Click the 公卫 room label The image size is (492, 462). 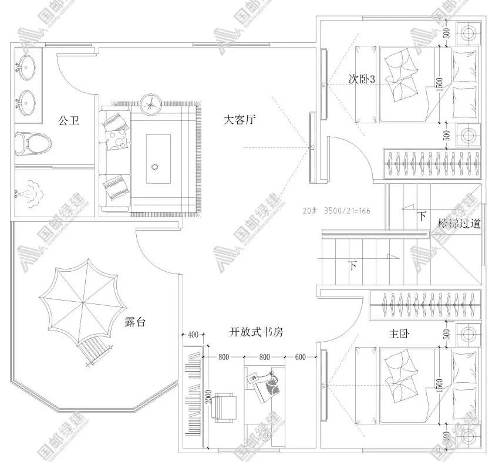point(68,121)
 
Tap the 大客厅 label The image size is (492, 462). point(240,120)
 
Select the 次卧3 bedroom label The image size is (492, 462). point(362,79)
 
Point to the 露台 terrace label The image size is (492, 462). point(135,321)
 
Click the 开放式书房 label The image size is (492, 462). point(256,332)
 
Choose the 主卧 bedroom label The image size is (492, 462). point(400,333)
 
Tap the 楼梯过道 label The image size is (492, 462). point(460,223)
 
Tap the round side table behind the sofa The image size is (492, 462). point(151,104)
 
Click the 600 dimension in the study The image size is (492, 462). point(300,356)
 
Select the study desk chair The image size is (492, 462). point(224,406)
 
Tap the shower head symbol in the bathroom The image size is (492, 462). point(27,192)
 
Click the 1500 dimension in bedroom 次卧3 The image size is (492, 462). point(440,86)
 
